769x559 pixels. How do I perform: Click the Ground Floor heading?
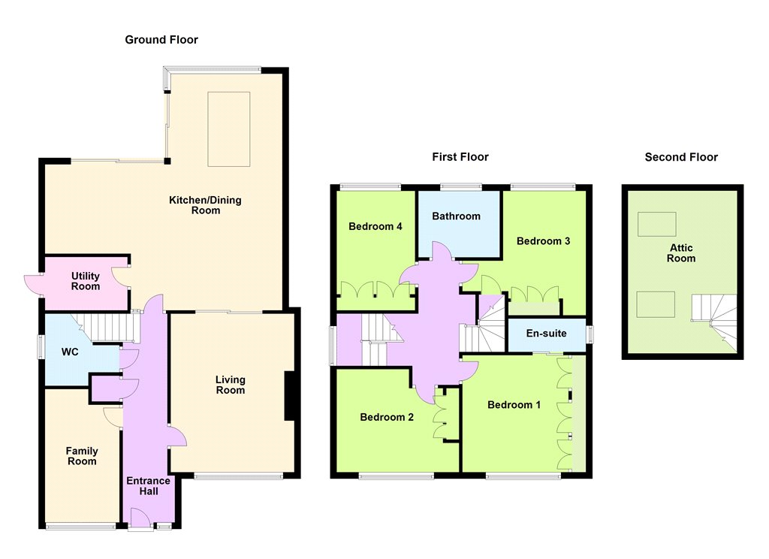161,40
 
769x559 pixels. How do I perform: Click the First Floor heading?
460,157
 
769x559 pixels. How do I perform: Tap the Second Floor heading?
681,157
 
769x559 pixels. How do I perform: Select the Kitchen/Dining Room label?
206,205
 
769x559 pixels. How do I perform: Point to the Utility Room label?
86,281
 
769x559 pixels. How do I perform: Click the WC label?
70,352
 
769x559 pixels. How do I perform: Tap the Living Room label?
231,385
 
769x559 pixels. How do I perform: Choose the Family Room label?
82,456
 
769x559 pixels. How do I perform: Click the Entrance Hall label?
148,486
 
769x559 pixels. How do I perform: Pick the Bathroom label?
456,216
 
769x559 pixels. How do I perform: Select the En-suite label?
547,334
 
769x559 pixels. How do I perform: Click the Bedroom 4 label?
375,226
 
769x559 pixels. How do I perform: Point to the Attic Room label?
681,253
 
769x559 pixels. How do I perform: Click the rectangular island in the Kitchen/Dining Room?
229,129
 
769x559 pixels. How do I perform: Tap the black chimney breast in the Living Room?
290,395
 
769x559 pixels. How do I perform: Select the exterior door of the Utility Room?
33,286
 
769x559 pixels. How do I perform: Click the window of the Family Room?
80,527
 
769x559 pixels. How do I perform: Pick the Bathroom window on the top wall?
461,186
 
